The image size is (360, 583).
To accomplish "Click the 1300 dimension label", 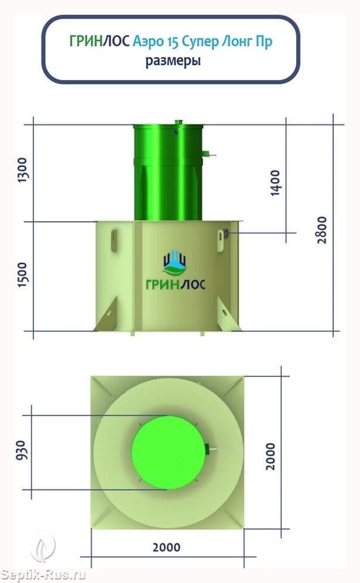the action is [23, 170].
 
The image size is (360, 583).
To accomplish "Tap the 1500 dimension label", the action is [23, 275].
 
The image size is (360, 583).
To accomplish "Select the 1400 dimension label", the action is [275, 183].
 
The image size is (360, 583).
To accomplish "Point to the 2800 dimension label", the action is [322, 230].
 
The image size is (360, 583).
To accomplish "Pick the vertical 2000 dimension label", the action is [271, 457].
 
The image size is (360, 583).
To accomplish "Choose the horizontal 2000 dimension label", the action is [166, 547].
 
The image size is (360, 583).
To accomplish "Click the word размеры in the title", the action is [173, 61].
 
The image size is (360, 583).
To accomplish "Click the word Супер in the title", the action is [200, 41].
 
